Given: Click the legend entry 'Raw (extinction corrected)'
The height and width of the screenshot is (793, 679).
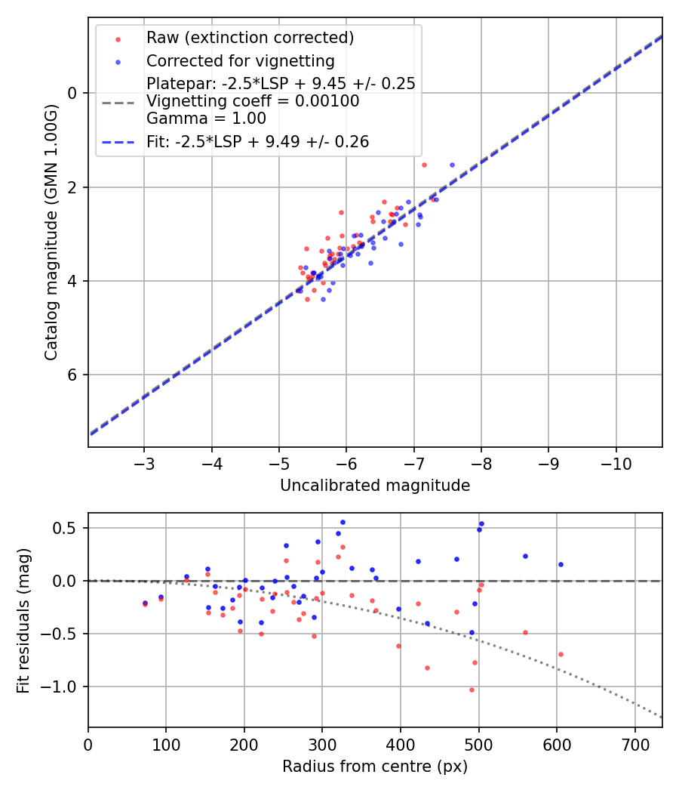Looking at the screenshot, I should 250,38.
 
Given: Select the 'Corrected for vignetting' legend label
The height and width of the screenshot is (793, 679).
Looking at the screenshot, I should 241,60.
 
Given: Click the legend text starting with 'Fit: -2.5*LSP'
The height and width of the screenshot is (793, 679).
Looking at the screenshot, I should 257,141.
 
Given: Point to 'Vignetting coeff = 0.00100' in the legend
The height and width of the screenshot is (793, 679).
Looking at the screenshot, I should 253,100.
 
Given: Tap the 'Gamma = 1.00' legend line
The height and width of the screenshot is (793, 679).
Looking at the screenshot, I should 206,118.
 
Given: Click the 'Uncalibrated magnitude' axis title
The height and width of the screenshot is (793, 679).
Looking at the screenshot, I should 375,486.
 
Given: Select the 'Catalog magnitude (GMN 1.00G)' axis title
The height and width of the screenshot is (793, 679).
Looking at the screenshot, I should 51,233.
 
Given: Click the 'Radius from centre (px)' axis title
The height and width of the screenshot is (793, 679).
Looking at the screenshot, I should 375,767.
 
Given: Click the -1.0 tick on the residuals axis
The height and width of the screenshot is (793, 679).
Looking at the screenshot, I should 66,687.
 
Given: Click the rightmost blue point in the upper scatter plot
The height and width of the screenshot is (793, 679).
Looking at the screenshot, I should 452,165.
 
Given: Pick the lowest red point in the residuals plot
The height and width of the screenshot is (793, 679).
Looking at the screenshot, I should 472,690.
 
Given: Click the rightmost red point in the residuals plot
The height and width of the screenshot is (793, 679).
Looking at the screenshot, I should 561,654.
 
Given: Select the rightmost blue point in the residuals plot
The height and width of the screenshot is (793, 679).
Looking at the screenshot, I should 561,564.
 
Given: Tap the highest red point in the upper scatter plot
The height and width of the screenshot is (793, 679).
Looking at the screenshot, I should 424,165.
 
